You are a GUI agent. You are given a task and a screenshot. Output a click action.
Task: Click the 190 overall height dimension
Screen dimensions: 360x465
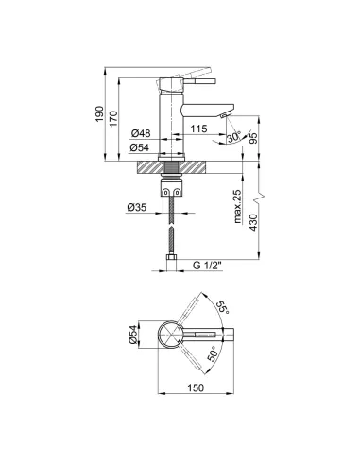pyautogui.click(x=100, y=114)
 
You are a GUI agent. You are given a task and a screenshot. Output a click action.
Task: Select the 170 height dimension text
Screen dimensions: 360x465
pyautogui.click(x=113, y=119)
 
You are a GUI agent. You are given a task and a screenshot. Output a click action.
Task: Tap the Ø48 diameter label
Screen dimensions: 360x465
pyautogui.click(x=141, y=133)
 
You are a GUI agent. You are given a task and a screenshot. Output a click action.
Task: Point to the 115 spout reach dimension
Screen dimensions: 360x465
pyautogui.click(x=198, y=129)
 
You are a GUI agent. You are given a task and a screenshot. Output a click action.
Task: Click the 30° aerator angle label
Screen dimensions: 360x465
pyautogui.click(x=233, y=137)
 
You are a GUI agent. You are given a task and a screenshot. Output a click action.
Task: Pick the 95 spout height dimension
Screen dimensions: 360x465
pyautogui.click(x=253, y=137)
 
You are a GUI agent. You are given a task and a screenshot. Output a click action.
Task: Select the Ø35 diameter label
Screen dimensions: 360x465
pyautogui.click(x=137, y=207)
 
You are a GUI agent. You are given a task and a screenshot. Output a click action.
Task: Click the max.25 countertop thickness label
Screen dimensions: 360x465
pyautogui.click(x=238, y=207)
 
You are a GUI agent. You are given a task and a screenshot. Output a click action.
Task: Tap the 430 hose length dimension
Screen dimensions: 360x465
pyautogui.click(x=253, y=222)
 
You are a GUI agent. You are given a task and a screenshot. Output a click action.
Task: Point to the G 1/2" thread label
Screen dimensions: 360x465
pyautogui.click(x=207, y=266)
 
